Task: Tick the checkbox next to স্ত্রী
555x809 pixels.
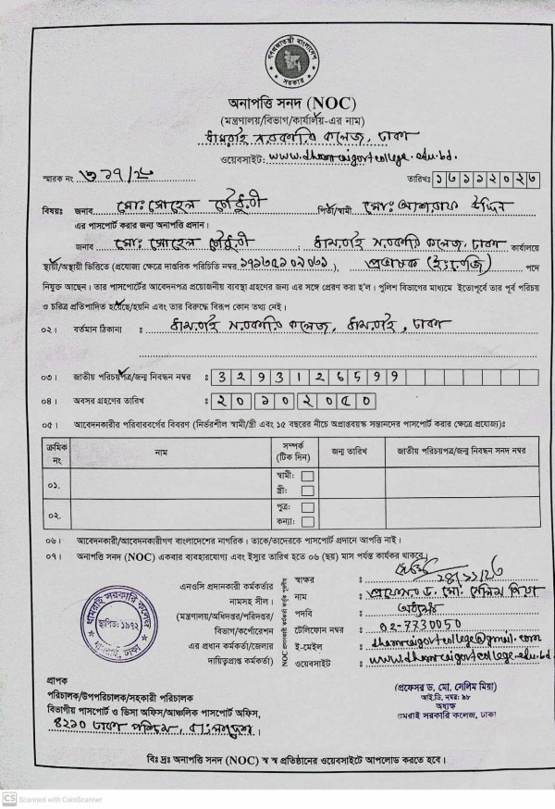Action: (x=308, y=491)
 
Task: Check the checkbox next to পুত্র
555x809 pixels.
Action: (x=308, y=508)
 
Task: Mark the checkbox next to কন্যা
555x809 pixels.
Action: (x=308, y=523)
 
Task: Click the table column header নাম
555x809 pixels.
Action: (x=161, y=452)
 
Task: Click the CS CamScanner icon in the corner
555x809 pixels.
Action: (x=9, y=799)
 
